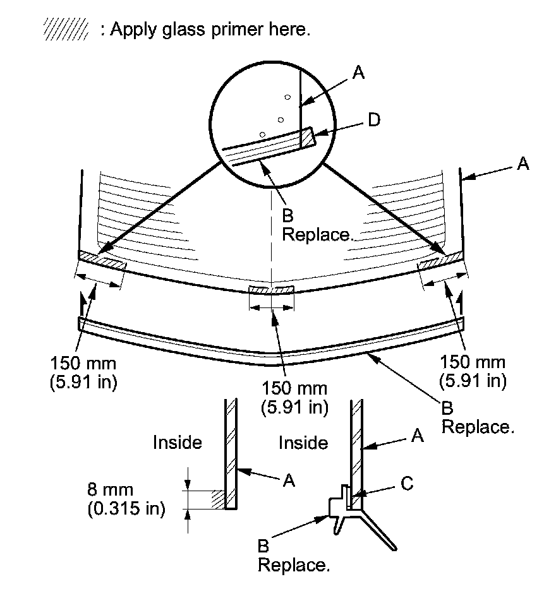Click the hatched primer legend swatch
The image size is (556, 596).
coord(66,29)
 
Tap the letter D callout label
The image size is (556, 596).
coord(374,120)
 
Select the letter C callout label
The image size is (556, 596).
coord(407,484)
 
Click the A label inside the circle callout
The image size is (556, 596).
coord(359,72)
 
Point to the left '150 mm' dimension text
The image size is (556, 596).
coord(83,364)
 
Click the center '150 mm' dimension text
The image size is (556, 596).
coord(294,388)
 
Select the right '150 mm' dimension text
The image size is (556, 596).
coord(473,362)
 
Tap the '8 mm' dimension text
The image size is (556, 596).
coord(111,489)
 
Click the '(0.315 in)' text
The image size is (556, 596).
coord(126,508)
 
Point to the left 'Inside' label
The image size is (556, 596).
coord(177,443)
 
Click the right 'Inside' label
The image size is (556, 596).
coord(303,443)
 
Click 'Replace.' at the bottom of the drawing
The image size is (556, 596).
coord(294,565)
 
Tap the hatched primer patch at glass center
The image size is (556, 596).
coord(271,290)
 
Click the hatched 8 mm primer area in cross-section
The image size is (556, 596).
coord(218,499)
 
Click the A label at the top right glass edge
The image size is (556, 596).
coord(523,164)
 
